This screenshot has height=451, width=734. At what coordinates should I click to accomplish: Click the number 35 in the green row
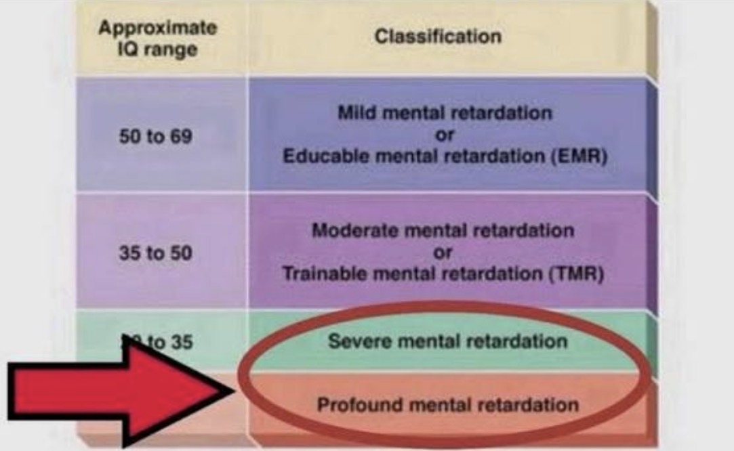179,341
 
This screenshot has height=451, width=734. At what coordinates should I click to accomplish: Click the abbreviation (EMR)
584,156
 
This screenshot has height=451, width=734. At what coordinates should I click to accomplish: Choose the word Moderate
355,230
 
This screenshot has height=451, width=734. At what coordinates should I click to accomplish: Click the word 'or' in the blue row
445,134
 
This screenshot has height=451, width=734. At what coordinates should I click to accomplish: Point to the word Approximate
158,28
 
